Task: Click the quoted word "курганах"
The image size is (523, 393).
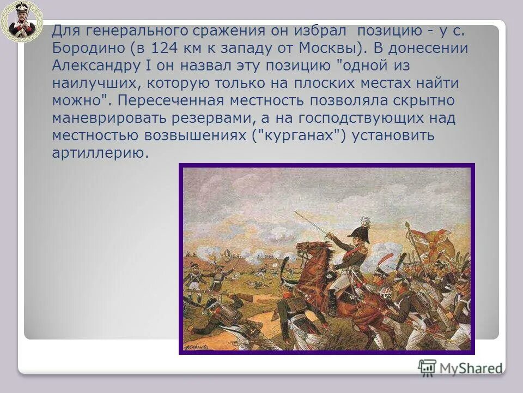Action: (x=299, y=136)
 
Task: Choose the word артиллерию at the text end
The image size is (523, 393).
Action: (x=100, y=153)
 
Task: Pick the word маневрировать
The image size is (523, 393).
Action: (x=112, y=118)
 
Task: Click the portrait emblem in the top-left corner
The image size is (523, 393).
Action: (x=21, y=21)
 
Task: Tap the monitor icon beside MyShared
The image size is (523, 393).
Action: (x=428, y=367)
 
